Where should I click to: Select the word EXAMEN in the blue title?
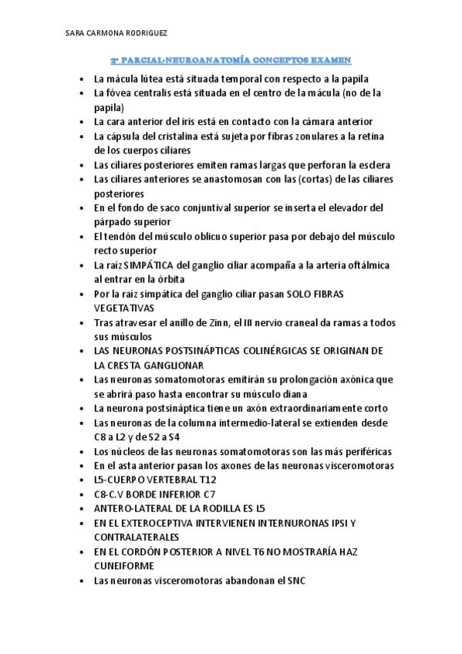[332, 59]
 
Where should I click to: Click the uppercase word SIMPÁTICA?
[147, 265]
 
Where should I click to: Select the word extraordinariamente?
[303, 408]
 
